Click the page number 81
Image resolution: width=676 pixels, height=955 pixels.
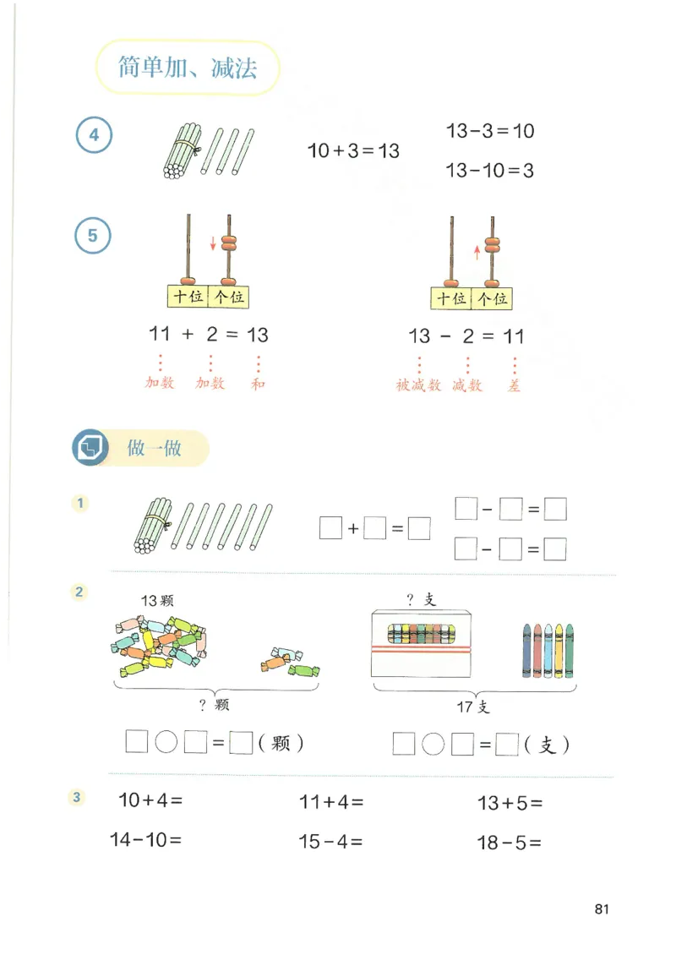click(x=602, y=909)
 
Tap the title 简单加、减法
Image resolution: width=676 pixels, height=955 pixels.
click(x=188, y=68)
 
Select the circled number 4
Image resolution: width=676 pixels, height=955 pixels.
click(x=94, y=135)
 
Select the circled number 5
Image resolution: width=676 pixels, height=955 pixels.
click(x=93, y=236)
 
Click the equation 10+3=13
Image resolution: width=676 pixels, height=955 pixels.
click(x=353, y=151)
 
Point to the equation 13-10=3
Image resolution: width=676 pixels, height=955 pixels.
click(x=490, y=171)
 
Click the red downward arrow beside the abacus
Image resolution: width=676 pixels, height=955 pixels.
click(x=213, y=245)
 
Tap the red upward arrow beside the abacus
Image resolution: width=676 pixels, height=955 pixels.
click(x=477, y=250)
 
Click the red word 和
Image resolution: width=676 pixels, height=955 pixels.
click(x=258, y=384)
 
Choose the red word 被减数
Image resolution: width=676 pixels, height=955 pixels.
click(x=418, y=385)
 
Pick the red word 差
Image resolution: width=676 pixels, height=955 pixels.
click(x=514, y=385)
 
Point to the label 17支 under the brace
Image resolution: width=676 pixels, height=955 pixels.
click(x=472, y=707)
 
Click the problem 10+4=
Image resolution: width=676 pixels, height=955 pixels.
click(x=150, y=800)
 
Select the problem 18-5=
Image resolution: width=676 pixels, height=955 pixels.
click(x=509, y=843)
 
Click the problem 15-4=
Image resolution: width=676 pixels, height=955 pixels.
click(x=330, y=842)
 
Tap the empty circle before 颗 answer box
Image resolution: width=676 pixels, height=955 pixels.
click(x=166, y=743)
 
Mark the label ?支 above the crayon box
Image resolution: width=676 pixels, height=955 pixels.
click(x=420, y=600)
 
